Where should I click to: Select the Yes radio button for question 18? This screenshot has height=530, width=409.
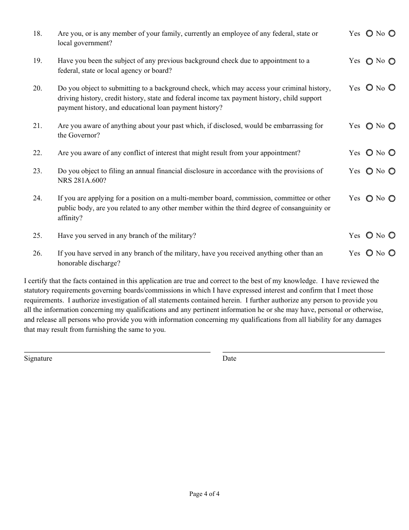(369, 34)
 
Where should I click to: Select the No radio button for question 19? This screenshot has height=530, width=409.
(392, 61)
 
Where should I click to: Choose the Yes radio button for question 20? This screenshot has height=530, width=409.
(369, 88)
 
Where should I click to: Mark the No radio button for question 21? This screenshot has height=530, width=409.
(392, 126)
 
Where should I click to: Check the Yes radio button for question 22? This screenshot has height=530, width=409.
(369, 153)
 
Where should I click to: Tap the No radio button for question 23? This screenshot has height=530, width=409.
(392, 171)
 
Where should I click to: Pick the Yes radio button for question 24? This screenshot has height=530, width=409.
(369, 199)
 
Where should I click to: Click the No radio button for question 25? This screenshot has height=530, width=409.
(392, 235)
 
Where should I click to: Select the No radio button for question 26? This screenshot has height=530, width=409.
(392, 253)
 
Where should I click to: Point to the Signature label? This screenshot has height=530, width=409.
(38, 359)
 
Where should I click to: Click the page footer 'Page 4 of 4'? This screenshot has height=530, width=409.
(204, 494)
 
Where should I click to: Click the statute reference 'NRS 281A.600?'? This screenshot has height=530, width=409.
(82, 181)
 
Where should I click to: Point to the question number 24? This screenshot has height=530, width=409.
(37, 198)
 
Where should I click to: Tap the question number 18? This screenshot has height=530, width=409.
(37, 34)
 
